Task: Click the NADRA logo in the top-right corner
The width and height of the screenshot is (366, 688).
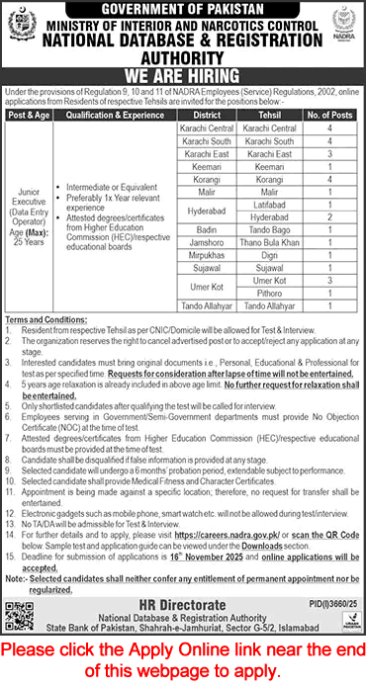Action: pyautogui.click(x=339, y=28)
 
